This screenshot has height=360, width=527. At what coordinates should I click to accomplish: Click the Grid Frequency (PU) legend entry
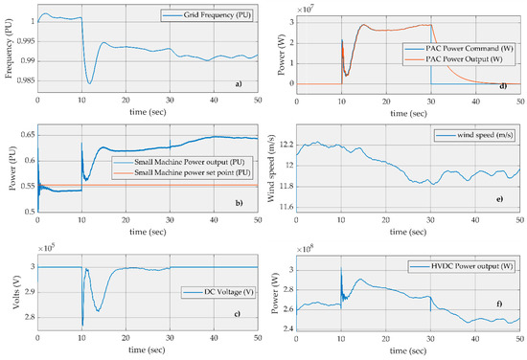[x=206, y=15]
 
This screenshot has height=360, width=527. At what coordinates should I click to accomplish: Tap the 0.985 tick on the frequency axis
[x=26, y=80]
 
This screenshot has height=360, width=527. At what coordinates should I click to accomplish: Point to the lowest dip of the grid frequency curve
[x=89, y=83]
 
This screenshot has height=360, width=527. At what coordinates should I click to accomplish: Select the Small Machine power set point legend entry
[x=182, y=173]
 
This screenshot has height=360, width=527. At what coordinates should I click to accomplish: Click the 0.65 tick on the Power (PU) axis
[x=27, y=135]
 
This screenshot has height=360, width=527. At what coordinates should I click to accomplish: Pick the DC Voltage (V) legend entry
[x=218, y=292]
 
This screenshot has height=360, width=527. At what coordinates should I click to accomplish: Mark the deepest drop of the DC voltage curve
[x=82, y=325]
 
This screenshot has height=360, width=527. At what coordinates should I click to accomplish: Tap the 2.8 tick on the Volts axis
[x=31, y=317]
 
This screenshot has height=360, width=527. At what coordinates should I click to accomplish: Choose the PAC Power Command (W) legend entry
[x=459, y=49]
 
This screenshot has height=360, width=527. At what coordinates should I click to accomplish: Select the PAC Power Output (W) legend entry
[x=453, y=59]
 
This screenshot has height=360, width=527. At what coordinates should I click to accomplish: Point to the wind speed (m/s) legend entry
[x=474, y=135]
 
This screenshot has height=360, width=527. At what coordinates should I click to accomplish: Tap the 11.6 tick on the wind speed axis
[x=286, y=208]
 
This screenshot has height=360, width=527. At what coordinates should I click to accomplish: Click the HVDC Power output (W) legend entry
[x=462, y=266]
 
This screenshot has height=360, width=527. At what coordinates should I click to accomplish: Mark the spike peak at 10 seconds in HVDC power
[x=341, y=268]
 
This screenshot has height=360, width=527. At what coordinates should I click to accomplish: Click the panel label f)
[x=499, y=304]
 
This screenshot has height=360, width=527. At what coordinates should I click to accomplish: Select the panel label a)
[x=239, y=84]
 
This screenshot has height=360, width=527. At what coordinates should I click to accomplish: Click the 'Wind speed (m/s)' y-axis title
[x=271, y=169]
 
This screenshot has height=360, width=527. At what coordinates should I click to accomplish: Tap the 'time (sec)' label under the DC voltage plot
[x=147, y=349]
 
